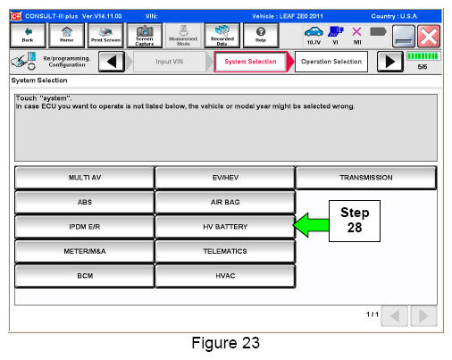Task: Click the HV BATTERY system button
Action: coord(225,227)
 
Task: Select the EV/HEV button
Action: coord(225,178)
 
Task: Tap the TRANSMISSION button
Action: coord(366,178)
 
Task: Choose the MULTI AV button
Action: coord(85,178)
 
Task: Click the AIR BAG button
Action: coord(225,202)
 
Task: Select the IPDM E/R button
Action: coord(85,227)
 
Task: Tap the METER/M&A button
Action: coord(85,251)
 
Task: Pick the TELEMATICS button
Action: coord(225,251)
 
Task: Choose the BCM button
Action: coord(85,276)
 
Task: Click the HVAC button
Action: coord(225,276)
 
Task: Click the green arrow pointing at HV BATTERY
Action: coord(311,225)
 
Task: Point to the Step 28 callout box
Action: coord(355,221)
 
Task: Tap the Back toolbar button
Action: coord(28,36)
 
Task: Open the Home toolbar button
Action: coord(66,36)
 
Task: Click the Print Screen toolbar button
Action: coord(105,36)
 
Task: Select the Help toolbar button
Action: coord(261,36)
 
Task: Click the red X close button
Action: coord(429,37)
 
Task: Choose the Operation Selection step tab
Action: coord(331,62)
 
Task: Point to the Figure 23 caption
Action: coord(226,343)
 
